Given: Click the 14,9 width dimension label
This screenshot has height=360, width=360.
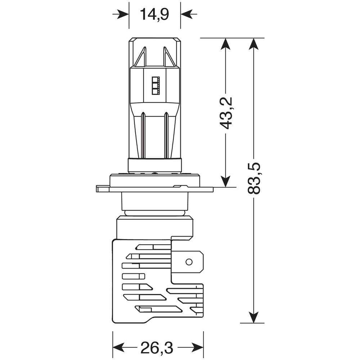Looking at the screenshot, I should [154, 15].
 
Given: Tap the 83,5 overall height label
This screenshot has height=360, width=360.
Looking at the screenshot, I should [254, 179].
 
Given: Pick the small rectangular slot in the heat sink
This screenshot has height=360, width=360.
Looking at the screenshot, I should [133, 276].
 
